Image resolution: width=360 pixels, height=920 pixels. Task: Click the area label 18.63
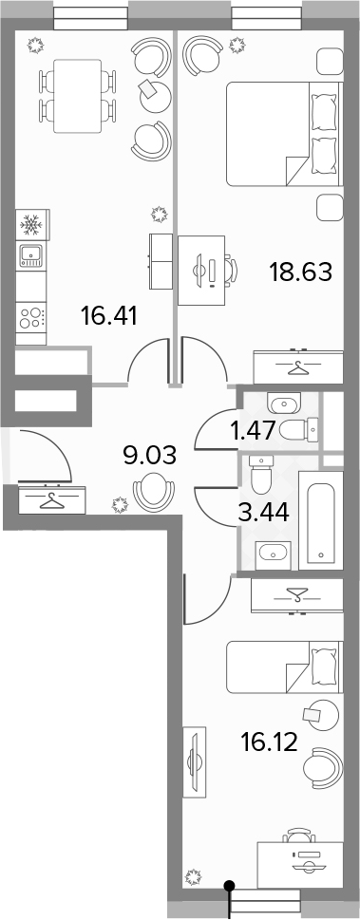301,272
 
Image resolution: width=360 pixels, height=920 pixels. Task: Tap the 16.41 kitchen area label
109,317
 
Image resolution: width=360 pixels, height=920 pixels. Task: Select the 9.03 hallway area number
150,455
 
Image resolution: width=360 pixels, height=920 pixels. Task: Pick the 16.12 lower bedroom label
269,742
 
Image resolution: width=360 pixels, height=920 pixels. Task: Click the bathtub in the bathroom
321,519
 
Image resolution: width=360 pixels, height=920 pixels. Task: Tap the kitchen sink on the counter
31,255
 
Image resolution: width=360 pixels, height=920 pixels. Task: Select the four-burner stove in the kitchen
31,317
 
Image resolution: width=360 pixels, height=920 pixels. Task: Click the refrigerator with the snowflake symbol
31,223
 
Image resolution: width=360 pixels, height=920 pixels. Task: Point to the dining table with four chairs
77,96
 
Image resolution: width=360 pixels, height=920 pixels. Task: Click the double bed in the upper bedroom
284,134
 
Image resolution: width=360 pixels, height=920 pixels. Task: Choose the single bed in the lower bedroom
284,667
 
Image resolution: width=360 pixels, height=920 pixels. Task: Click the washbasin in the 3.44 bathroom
273,554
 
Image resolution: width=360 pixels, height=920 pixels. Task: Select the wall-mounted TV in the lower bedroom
193,761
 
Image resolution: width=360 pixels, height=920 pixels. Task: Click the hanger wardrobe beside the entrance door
51,500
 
